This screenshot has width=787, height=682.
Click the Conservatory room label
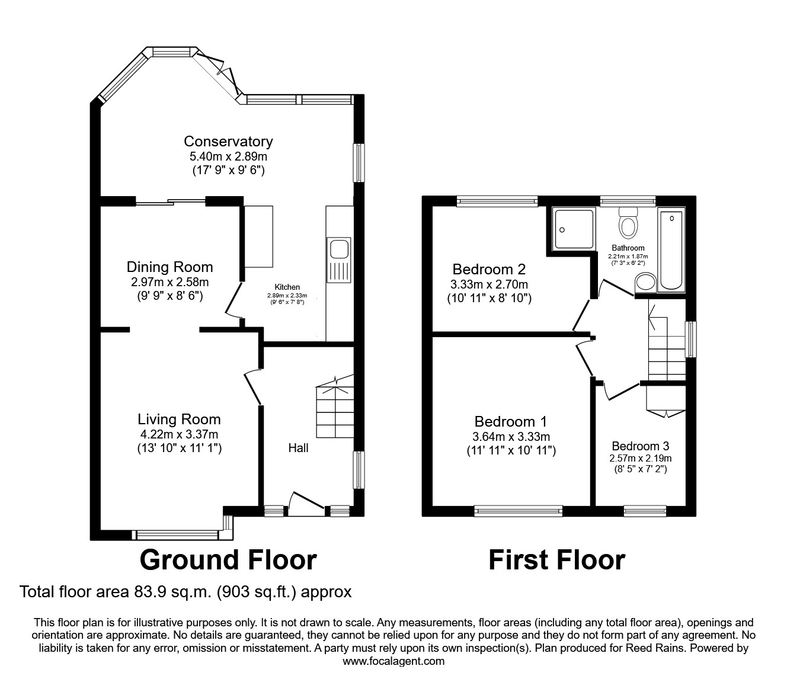tap(228, 141)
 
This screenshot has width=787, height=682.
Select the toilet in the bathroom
tap(627, 223)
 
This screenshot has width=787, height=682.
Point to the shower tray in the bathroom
tap(574, 229)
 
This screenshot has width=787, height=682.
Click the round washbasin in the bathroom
tap(645, 283)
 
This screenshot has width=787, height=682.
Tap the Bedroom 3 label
tap(640, 446)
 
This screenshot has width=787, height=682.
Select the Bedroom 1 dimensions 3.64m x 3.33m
tap(510, 437)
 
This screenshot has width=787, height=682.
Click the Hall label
tap(298, 448)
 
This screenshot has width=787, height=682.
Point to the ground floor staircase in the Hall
tap(335, 409)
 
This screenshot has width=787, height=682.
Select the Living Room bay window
tap(178, 535)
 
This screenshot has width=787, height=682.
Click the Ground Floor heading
tap(228, 559)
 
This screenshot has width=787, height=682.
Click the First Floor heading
tap(556, 559)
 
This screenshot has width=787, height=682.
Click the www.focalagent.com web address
tap(393, 661)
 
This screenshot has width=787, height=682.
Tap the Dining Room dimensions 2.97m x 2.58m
tap(169, 282)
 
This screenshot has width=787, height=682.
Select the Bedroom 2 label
tap(489, 269)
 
